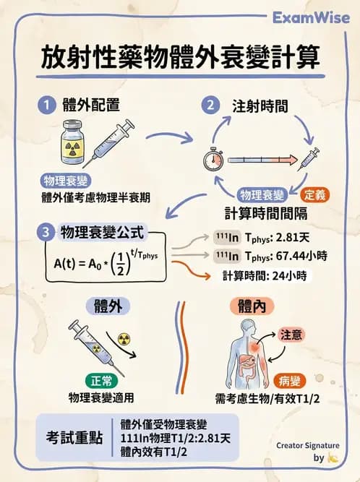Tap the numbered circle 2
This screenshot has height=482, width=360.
210,105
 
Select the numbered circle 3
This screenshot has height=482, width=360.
46,232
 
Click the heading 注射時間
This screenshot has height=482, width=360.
260,106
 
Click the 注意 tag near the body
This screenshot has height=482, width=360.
292,335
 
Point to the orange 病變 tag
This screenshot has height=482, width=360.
292,380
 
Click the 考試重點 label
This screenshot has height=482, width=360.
74,438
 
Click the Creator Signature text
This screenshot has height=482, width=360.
307,446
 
